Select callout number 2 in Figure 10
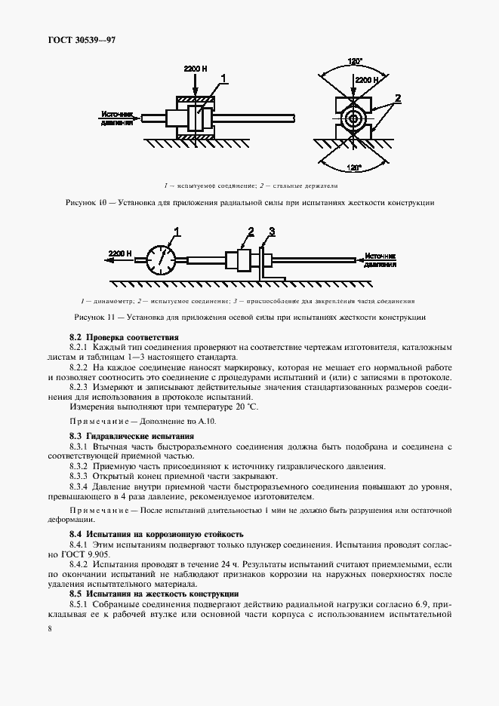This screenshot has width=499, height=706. coord(398,97)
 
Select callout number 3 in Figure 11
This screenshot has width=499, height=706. coord(272,231)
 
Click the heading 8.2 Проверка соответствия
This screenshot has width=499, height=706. coord(123,336)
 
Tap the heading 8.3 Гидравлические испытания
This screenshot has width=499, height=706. coord(131,436)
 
